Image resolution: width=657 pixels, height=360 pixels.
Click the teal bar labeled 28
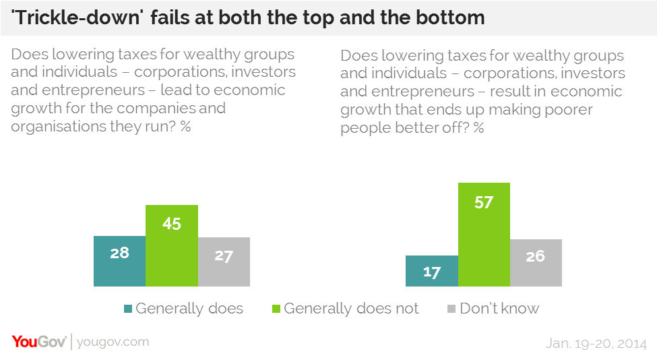[119, 261]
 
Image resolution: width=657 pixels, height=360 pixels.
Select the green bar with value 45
[172, 245]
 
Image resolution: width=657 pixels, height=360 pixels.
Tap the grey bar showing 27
[224, 262]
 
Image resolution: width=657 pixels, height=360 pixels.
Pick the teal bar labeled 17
[431, 271]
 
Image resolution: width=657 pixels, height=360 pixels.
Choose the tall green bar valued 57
[484, 235]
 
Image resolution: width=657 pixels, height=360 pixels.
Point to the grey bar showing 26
[536, 263]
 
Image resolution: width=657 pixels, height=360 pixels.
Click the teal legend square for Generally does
[128, 309]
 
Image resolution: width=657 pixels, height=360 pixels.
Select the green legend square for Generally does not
[276, 309]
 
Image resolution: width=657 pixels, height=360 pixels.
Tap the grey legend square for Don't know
[452, 309]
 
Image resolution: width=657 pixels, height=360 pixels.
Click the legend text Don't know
[499, 309]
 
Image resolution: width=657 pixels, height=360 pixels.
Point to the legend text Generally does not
[351, 309]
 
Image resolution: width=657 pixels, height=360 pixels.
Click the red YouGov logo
[38, 342]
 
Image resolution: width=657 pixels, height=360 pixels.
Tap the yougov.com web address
[113, 342]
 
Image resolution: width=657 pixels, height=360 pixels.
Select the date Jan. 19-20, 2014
[596, 342]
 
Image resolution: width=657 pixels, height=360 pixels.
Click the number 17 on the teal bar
[432, 273]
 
